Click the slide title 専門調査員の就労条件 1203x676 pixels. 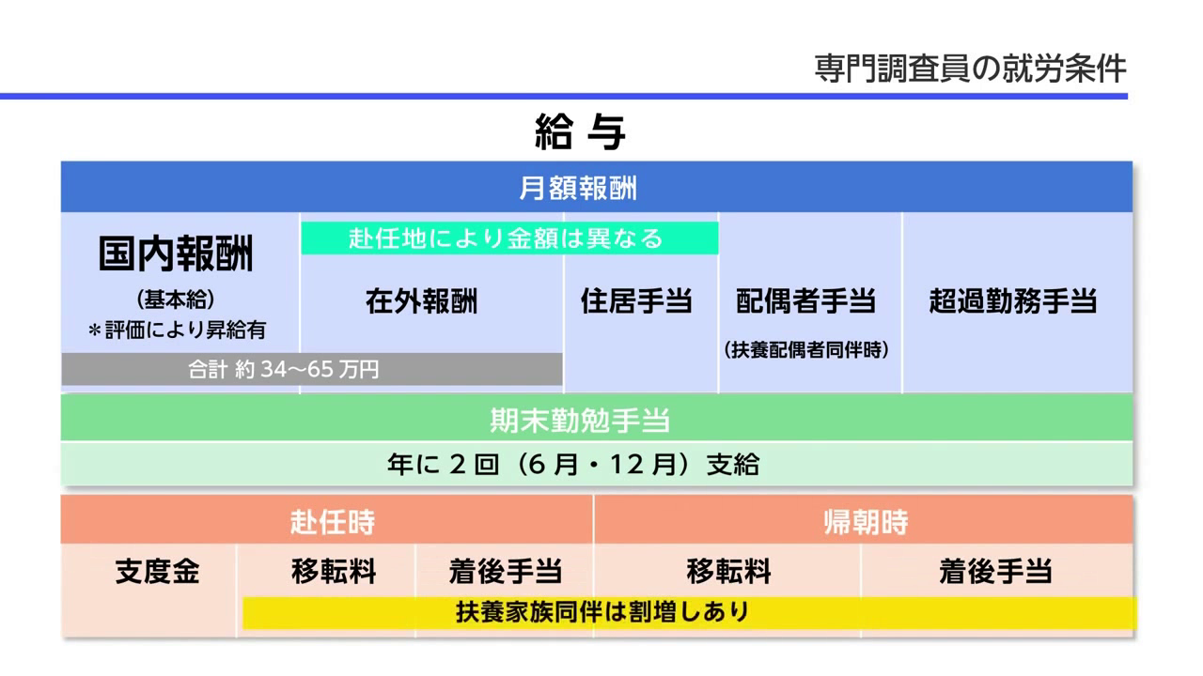click(970, 69)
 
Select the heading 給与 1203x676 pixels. click(580, 132)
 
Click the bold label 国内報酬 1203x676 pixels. click(176, 253)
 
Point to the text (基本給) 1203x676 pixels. click(176, 300)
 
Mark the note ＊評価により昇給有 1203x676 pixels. click(178, 330)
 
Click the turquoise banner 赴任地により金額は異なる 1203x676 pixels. click(509, 238)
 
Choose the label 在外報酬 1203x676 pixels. click(422, 301)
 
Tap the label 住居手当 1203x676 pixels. click(636, 301)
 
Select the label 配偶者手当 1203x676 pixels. click(805, 301)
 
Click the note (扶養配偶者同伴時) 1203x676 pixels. click(806, 350)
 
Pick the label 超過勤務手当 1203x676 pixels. click(1013, 301)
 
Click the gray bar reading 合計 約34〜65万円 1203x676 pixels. click(312, 369)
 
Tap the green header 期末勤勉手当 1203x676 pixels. click(580, 420)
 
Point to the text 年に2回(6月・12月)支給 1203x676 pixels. click(573, 465)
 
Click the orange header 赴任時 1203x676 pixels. click(333, 521)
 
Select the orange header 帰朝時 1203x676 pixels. click(866, 521)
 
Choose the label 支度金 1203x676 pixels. click(157, 572)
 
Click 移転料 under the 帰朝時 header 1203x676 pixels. click(728, 572)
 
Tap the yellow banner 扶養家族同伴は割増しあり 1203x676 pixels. click(690, 612)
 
